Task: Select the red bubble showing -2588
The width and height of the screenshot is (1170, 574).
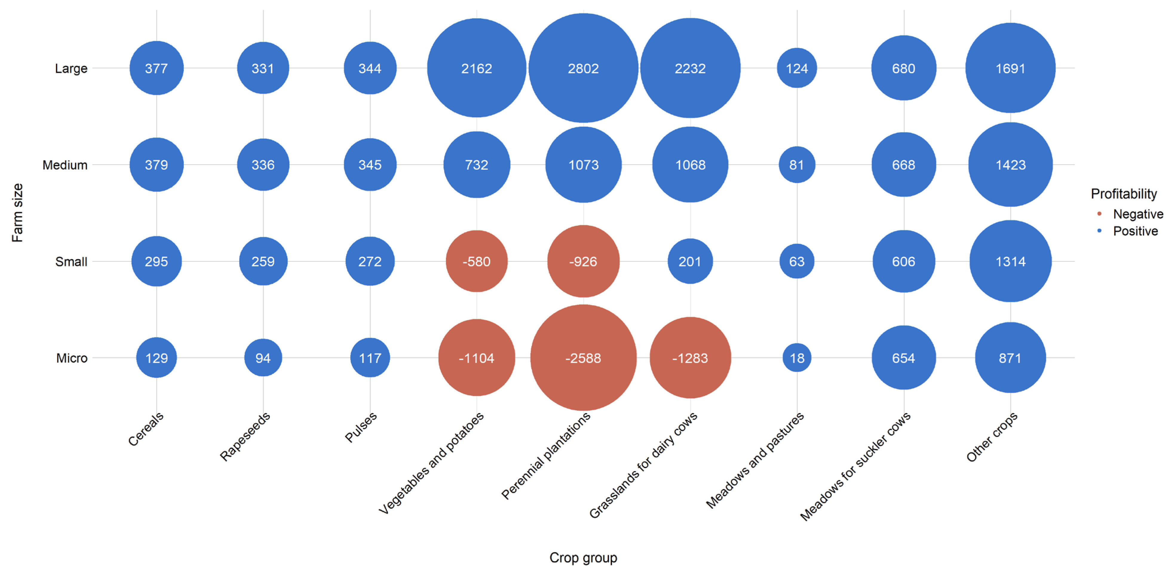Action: (x=583, y=358)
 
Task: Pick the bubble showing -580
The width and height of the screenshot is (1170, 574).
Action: (x=476, y=261)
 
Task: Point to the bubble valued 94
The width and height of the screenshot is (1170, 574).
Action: (x=263, y=358)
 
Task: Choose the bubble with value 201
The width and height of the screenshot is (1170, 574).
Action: (x=690, y=261)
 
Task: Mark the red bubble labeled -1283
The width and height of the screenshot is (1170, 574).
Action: (x=690, y=358)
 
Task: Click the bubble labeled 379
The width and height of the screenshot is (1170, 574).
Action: (x=156, y=165)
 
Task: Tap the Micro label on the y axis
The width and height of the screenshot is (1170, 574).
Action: (x=71, y=358)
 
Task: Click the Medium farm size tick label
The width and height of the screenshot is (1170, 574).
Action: (x=65, y=165)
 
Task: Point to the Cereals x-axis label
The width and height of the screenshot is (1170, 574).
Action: (x=146, y=429)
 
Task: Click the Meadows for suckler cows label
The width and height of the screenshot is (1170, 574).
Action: (x=855, y=466)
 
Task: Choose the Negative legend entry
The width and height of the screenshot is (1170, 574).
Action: (x=1137, y=214)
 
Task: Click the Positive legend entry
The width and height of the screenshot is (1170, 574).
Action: (x=1135, y=231)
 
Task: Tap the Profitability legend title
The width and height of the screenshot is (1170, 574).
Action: (x=1124, y=194)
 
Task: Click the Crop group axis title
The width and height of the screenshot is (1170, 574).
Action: (x=583, y=557)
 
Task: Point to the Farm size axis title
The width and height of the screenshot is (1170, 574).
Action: (x=17, y=212)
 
